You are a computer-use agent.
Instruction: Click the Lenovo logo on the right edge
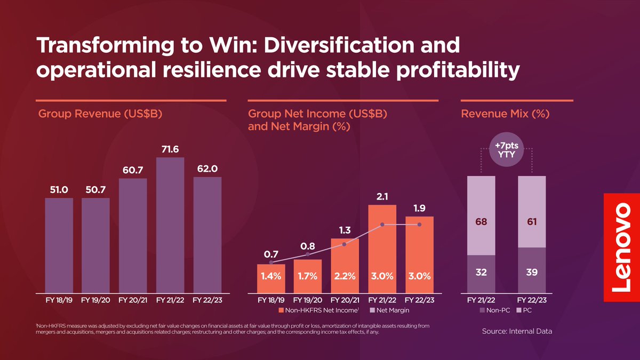click(622, 247)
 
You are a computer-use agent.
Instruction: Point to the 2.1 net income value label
click(382, 197)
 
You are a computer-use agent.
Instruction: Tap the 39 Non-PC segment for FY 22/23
click(532, 272)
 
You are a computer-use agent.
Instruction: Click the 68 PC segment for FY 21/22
click(481, 221)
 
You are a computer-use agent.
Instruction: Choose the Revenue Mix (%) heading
click(505, 114)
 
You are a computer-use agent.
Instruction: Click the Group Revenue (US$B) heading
click(100, 114)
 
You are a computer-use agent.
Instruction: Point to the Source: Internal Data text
click(517, 331)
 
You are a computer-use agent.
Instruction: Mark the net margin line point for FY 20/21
click(345, 244)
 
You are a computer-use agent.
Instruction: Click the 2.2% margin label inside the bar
click(345, 276)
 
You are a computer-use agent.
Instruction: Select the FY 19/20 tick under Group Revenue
click(95, 300)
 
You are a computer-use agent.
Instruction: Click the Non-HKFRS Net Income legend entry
click(319, 310)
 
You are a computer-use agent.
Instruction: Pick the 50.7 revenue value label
click(95, 189)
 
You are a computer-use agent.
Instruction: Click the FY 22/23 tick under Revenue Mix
click(532, 300)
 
